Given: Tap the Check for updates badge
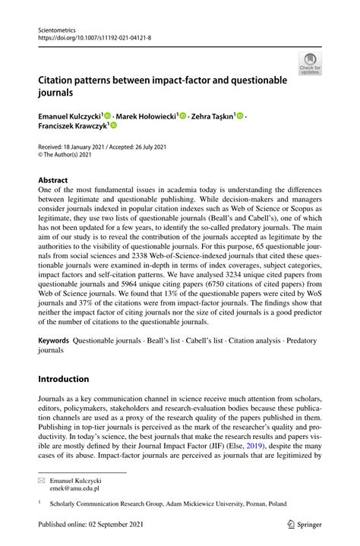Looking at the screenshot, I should pyautogui.click(x=310, y=65).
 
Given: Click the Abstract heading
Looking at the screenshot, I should pyautogui.click(x=53, y=181).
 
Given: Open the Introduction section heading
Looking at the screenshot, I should pyautogui.click(x=65, y=379).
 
